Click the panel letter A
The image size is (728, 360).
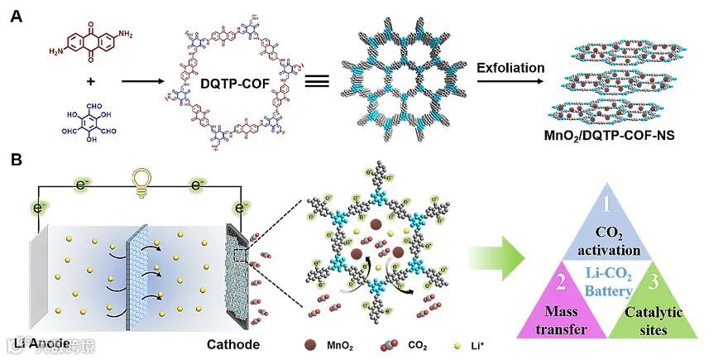point(15,15)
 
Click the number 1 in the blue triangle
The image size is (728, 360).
point(607,202)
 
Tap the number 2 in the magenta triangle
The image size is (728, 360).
point(560,283)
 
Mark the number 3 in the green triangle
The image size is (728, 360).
point(654,283)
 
